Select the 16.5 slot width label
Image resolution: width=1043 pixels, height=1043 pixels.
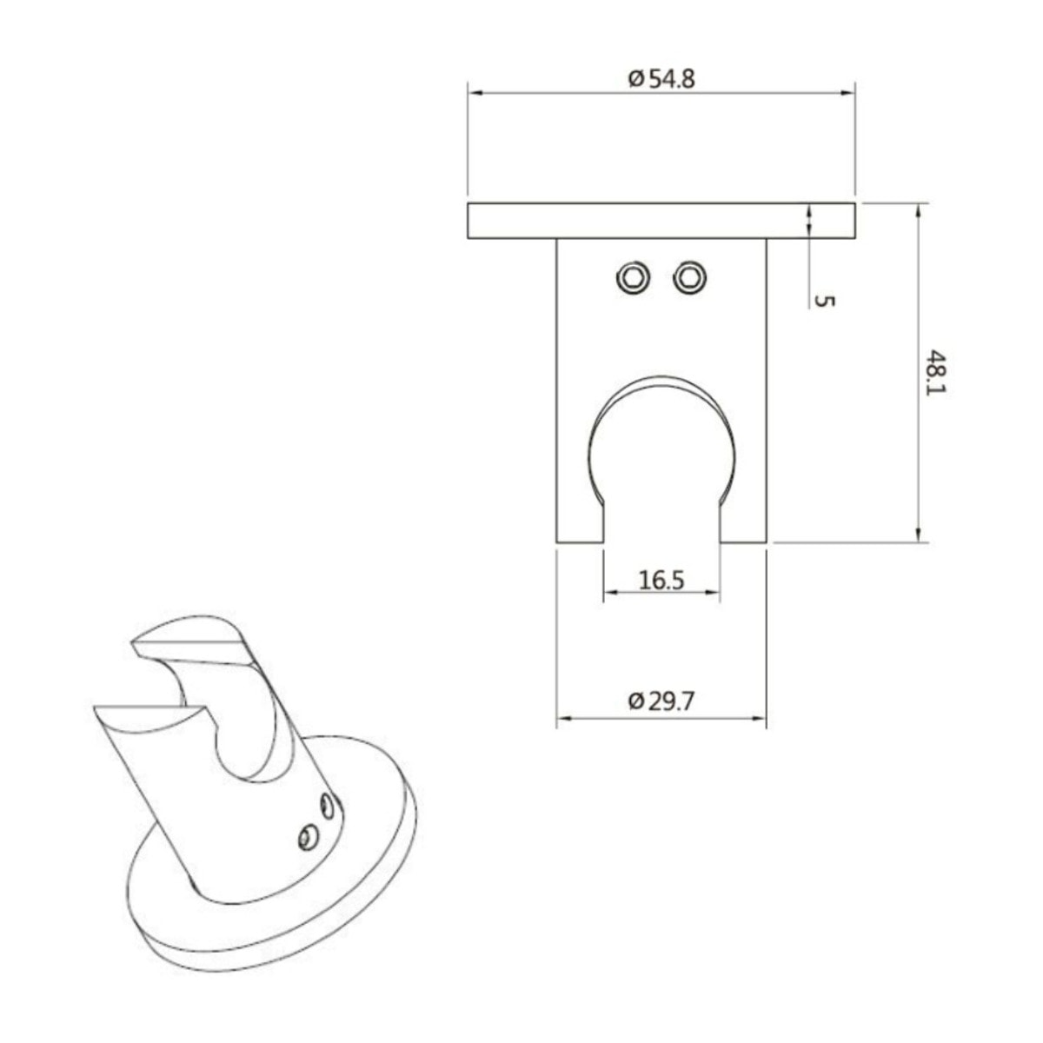(x=661, y=581)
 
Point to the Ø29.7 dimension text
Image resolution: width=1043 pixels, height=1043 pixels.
(x=661, y=701)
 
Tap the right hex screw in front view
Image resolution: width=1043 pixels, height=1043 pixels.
(x=689, y=279)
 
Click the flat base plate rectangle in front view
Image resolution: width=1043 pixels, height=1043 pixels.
(x=661, y=221)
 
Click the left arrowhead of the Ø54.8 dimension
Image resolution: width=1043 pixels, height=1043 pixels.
(x=475, y=93)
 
